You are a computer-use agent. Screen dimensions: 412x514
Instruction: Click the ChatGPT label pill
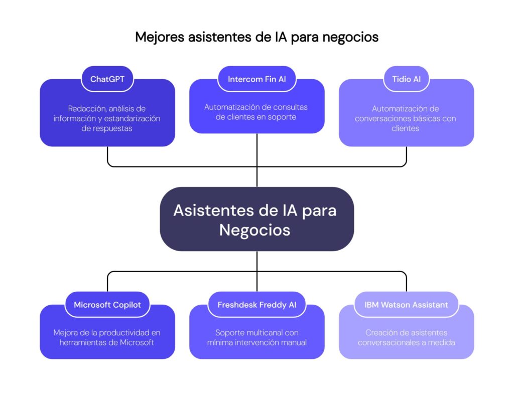click(107, 79)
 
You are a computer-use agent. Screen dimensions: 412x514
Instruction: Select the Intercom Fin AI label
click(256, 79)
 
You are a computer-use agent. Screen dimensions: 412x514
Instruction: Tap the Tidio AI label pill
click(406, 79)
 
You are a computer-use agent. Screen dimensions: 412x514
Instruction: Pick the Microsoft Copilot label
click(107, 305)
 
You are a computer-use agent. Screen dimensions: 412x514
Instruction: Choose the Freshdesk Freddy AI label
click(256, 305)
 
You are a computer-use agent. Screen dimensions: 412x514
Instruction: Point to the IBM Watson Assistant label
click(406, 305)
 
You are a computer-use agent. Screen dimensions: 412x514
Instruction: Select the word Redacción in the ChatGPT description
click(86, 108)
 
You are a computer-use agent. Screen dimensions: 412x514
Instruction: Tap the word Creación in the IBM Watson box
click(379, 333)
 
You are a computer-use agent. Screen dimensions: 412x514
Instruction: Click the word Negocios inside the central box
click(255, 230)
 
